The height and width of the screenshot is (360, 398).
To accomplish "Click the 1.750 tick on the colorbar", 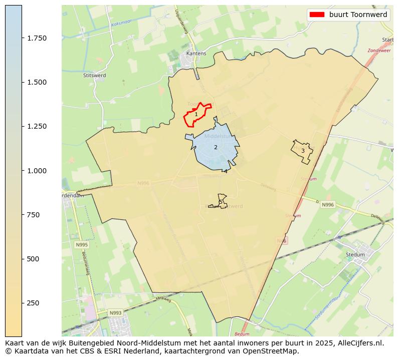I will click(23, 38).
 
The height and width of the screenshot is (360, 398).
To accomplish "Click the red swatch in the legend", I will click(317, 15).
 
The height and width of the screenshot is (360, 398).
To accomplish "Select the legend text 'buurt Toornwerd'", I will click(358, 15).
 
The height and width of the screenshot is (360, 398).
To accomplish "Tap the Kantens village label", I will click(196, 53).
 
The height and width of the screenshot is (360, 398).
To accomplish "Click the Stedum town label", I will click(355, 254).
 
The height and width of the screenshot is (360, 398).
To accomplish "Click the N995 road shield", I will click(81, 245).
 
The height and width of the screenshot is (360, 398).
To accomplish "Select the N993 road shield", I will click(116, 313).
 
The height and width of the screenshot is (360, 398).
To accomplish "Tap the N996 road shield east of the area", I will click(328, 205).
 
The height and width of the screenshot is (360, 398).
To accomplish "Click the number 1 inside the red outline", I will click(196, 115).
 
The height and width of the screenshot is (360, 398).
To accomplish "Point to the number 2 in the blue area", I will click(216, 147).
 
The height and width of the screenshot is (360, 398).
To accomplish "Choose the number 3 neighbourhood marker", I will click(303, 151).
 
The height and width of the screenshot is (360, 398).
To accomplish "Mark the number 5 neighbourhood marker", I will click(221, 202).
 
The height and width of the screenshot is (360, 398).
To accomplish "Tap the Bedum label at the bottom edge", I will click(242, 333).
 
